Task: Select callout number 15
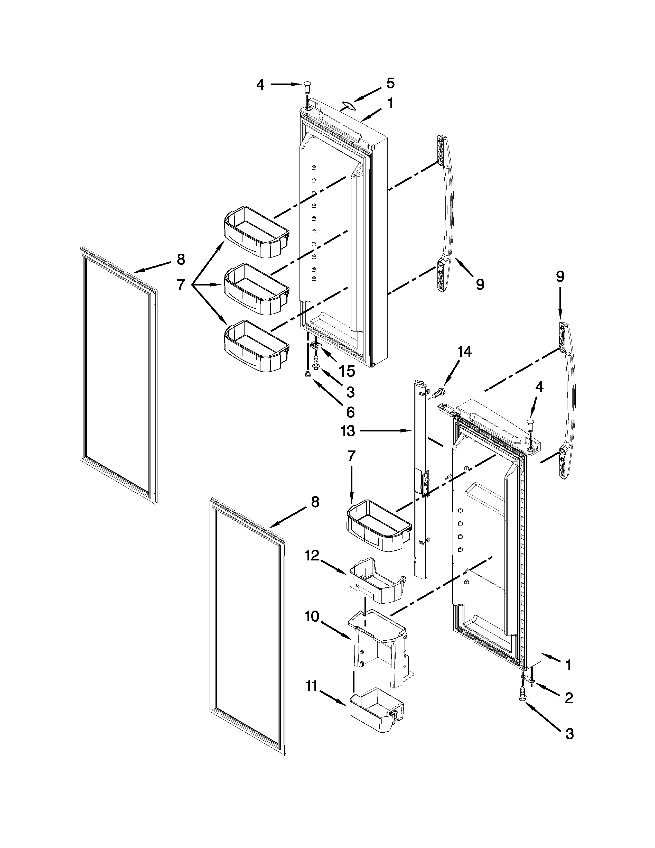347,371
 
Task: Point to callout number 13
348,431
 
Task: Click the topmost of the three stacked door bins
256,232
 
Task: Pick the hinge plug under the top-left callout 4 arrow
308,88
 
